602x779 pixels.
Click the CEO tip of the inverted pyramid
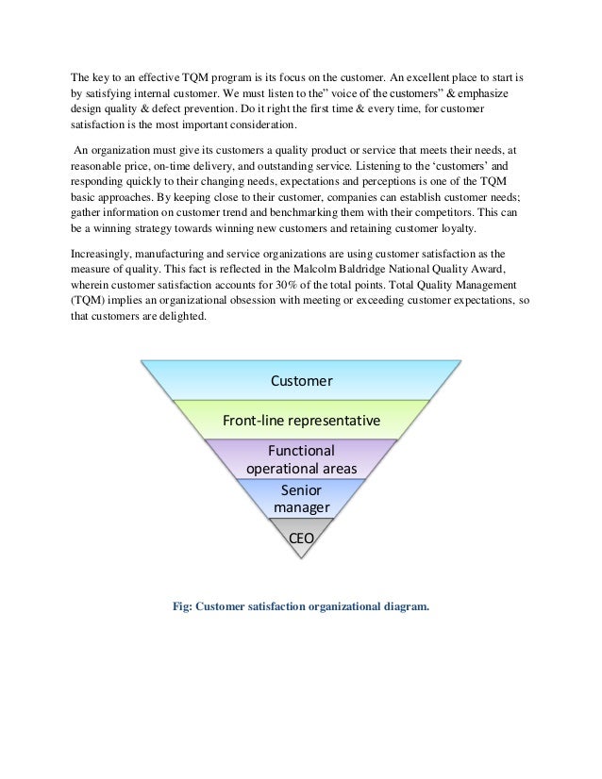(x=301, y=539)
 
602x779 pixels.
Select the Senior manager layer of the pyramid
(x=301, y=499)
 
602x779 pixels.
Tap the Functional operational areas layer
(x=301, y=459)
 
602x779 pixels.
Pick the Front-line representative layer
(x=301, y=419)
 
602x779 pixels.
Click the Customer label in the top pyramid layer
(x=301, y=381)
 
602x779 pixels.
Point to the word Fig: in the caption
(x=182, y=607)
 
